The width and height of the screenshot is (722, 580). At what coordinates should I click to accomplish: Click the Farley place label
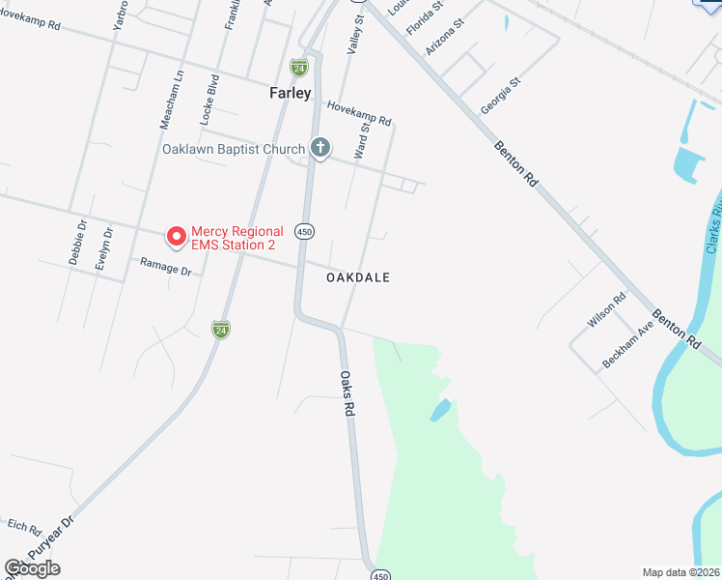click(x=290, y=94)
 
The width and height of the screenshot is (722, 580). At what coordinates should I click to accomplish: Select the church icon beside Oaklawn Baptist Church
click(x=319, y=148)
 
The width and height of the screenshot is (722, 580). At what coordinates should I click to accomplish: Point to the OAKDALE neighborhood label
click(x=358, y=277)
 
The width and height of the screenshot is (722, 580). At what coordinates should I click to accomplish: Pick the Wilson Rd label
click(x=607, y=310)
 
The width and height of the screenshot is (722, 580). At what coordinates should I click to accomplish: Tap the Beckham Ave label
click(x=628, y=343)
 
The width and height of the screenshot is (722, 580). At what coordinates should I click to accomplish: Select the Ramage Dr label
click(x=166, y=266)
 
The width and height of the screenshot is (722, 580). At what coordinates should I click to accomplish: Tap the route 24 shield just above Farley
click(x=300, y=68)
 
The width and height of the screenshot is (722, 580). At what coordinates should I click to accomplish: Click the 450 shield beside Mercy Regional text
click(x=305, y=231)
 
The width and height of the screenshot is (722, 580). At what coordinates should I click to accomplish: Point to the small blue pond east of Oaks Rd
click(x=439, y=410)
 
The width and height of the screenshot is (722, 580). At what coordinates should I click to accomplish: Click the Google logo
click(x=32, y=568)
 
